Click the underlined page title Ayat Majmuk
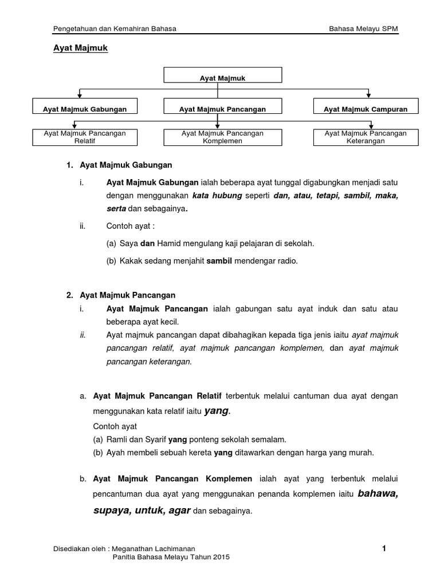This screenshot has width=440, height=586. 77,49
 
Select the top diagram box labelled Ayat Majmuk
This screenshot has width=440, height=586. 222,75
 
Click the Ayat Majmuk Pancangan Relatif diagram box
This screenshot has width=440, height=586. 85,137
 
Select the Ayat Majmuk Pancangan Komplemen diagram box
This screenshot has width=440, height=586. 222,137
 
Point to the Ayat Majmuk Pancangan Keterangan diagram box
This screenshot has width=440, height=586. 366,137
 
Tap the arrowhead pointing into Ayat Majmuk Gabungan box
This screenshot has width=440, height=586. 80,95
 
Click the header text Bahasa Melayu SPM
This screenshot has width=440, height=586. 363,28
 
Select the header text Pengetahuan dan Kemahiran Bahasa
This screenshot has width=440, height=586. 115,28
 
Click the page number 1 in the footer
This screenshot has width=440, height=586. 384,549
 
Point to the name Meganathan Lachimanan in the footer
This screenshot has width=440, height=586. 166,549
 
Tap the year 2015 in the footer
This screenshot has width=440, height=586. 222,558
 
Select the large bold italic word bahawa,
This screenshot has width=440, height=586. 378,493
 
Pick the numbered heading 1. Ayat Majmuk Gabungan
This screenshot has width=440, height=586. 119,165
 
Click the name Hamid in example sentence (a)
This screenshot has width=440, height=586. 168,243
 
